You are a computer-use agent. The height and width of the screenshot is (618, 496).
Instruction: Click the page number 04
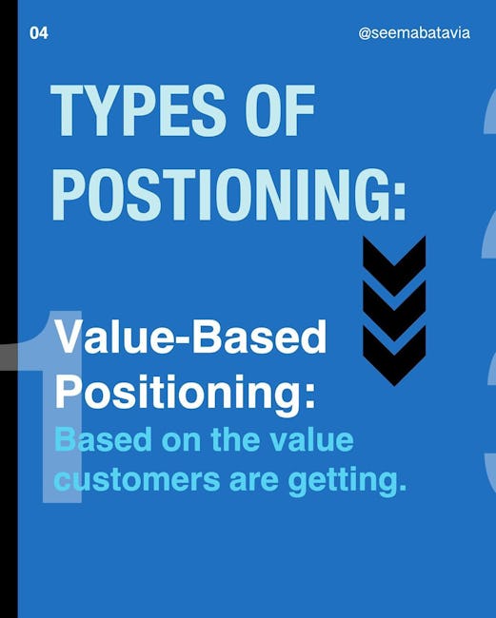[x=39, y=33]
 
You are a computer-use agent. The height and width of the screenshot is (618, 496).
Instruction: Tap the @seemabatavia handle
[x=414, y=33]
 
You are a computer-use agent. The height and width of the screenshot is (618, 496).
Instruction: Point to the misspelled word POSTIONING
[x=218, y=194]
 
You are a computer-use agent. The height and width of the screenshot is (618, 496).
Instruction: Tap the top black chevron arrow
[x=394, y=266]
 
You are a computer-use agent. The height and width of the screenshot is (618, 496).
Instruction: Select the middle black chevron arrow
[x=394, y=311]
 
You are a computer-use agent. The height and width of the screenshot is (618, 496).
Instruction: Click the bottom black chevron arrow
[x=394, y=356]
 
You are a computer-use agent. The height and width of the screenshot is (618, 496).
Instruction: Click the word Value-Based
[x=191, y=338]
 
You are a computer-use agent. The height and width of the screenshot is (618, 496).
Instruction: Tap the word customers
[x=137, y=479]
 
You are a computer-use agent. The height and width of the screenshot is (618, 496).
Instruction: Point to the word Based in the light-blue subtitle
[x=103, y=439]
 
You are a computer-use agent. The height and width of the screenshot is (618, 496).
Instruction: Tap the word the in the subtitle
[x=235, y=439]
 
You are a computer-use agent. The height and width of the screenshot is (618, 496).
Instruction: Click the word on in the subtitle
[x=181, y=440]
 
